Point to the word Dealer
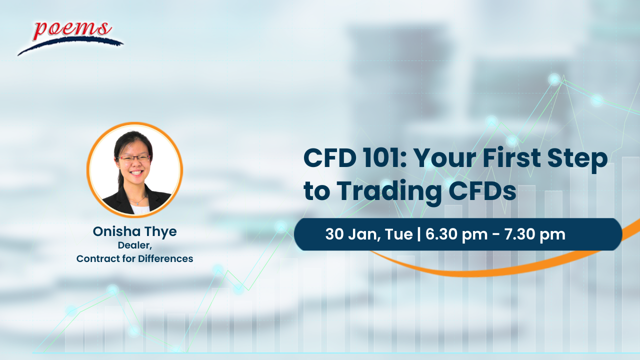coord(133,245)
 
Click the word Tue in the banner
coord(399,234)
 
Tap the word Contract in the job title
coord(97,258)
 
